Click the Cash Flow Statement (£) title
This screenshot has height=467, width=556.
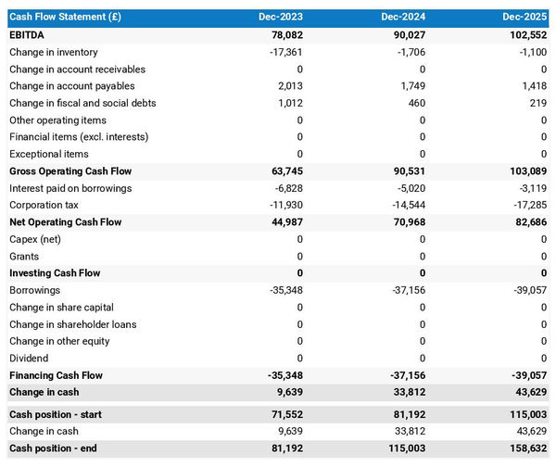click(x=65, y=17)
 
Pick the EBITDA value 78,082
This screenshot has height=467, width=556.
click(x=284, y=35)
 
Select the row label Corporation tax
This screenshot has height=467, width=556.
click(x=44, y=205)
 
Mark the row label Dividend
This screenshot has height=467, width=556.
click(x=30, y=359)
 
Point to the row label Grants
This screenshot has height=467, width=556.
click(x=24, y=256)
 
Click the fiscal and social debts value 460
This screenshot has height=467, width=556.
click(x=414, y=103)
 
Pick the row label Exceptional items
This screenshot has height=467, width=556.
click(x=49, y=154)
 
